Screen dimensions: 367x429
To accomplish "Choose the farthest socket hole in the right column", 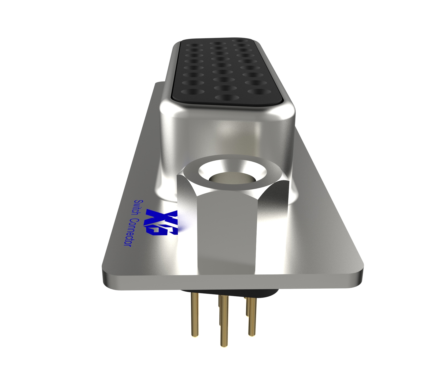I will (240, 41).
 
